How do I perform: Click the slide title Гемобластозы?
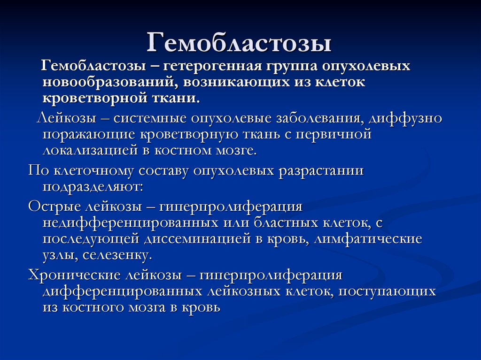240,43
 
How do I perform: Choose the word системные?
145,118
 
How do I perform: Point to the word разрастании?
321,170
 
